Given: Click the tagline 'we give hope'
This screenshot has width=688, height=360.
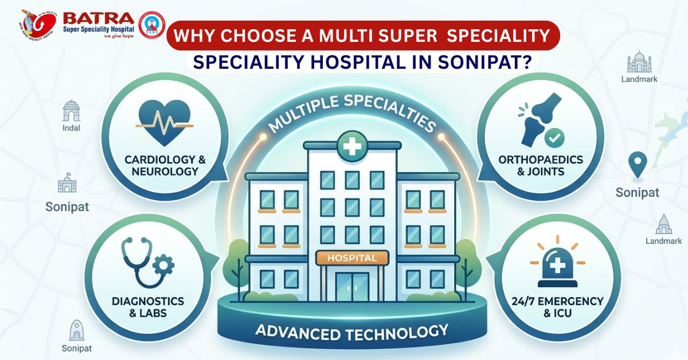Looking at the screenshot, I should tap(119, 36).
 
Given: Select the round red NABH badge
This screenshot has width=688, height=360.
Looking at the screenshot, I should tap(151, 25).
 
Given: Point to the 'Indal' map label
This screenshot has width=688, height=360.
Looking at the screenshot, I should tap(71, 128).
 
